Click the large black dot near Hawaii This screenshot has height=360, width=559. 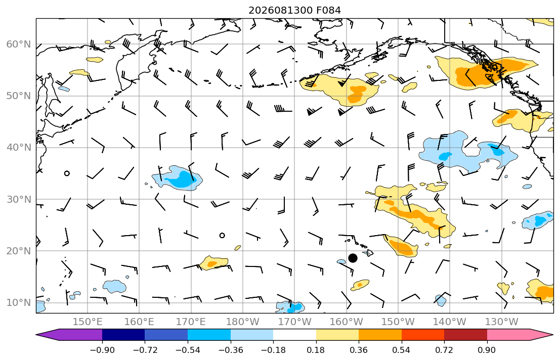coord(353,258)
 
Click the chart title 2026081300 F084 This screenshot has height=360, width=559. coord(294,10)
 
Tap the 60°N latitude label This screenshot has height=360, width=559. coord(19,44)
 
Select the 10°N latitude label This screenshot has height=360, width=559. coord(19,303)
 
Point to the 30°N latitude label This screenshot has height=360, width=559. coord(19,199)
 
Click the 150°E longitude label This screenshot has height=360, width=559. coord(88,322)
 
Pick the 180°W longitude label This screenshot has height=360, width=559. coord(243,322)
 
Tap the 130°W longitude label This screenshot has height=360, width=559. coord(502,322)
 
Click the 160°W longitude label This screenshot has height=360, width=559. coord(346,322)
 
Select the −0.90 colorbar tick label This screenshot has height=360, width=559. coord(102,350)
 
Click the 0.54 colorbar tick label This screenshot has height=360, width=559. coord(402,350)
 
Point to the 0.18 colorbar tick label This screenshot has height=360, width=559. coord(316,350)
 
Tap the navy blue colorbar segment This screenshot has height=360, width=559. coord(123,335)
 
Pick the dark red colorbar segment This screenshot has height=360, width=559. coord(465,335)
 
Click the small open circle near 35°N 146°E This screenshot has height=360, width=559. coord(67,173)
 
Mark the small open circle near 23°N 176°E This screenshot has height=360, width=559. coord(222,235)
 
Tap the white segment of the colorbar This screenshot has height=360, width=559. coord(294,335)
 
